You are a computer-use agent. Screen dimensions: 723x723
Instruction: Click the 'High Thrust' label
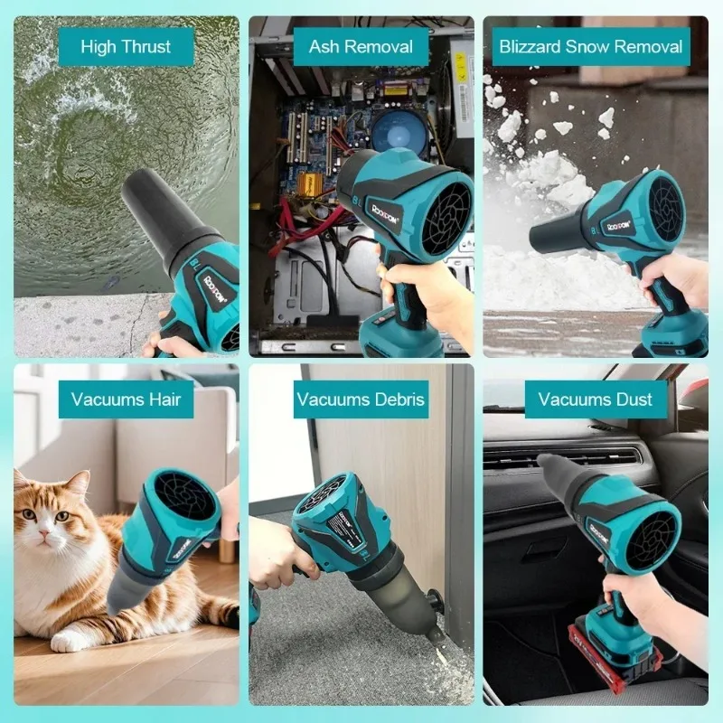(x=126, y=47)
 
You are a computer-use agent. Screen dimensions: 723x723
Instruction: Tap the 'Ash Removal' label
(x=361, y=47)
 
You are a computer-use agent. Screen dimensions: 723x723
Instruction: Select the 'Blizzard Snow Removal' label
(x=591, y=47)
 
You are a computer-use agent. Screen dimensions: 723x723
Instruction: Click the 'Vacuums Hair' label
(x=126, y=399)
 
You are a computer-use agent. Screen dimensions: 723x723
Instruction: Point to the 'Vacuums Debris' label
(x=361, y=399)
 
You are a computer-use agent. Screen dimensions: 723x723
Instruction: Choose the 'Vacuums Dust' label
(x=596, y=399)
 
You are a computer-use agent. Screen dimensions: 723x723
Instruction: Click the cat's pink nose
(x=44, y=533)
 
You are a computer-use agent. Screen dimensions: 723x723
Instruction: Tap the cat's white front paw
(x=67, y=641)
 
